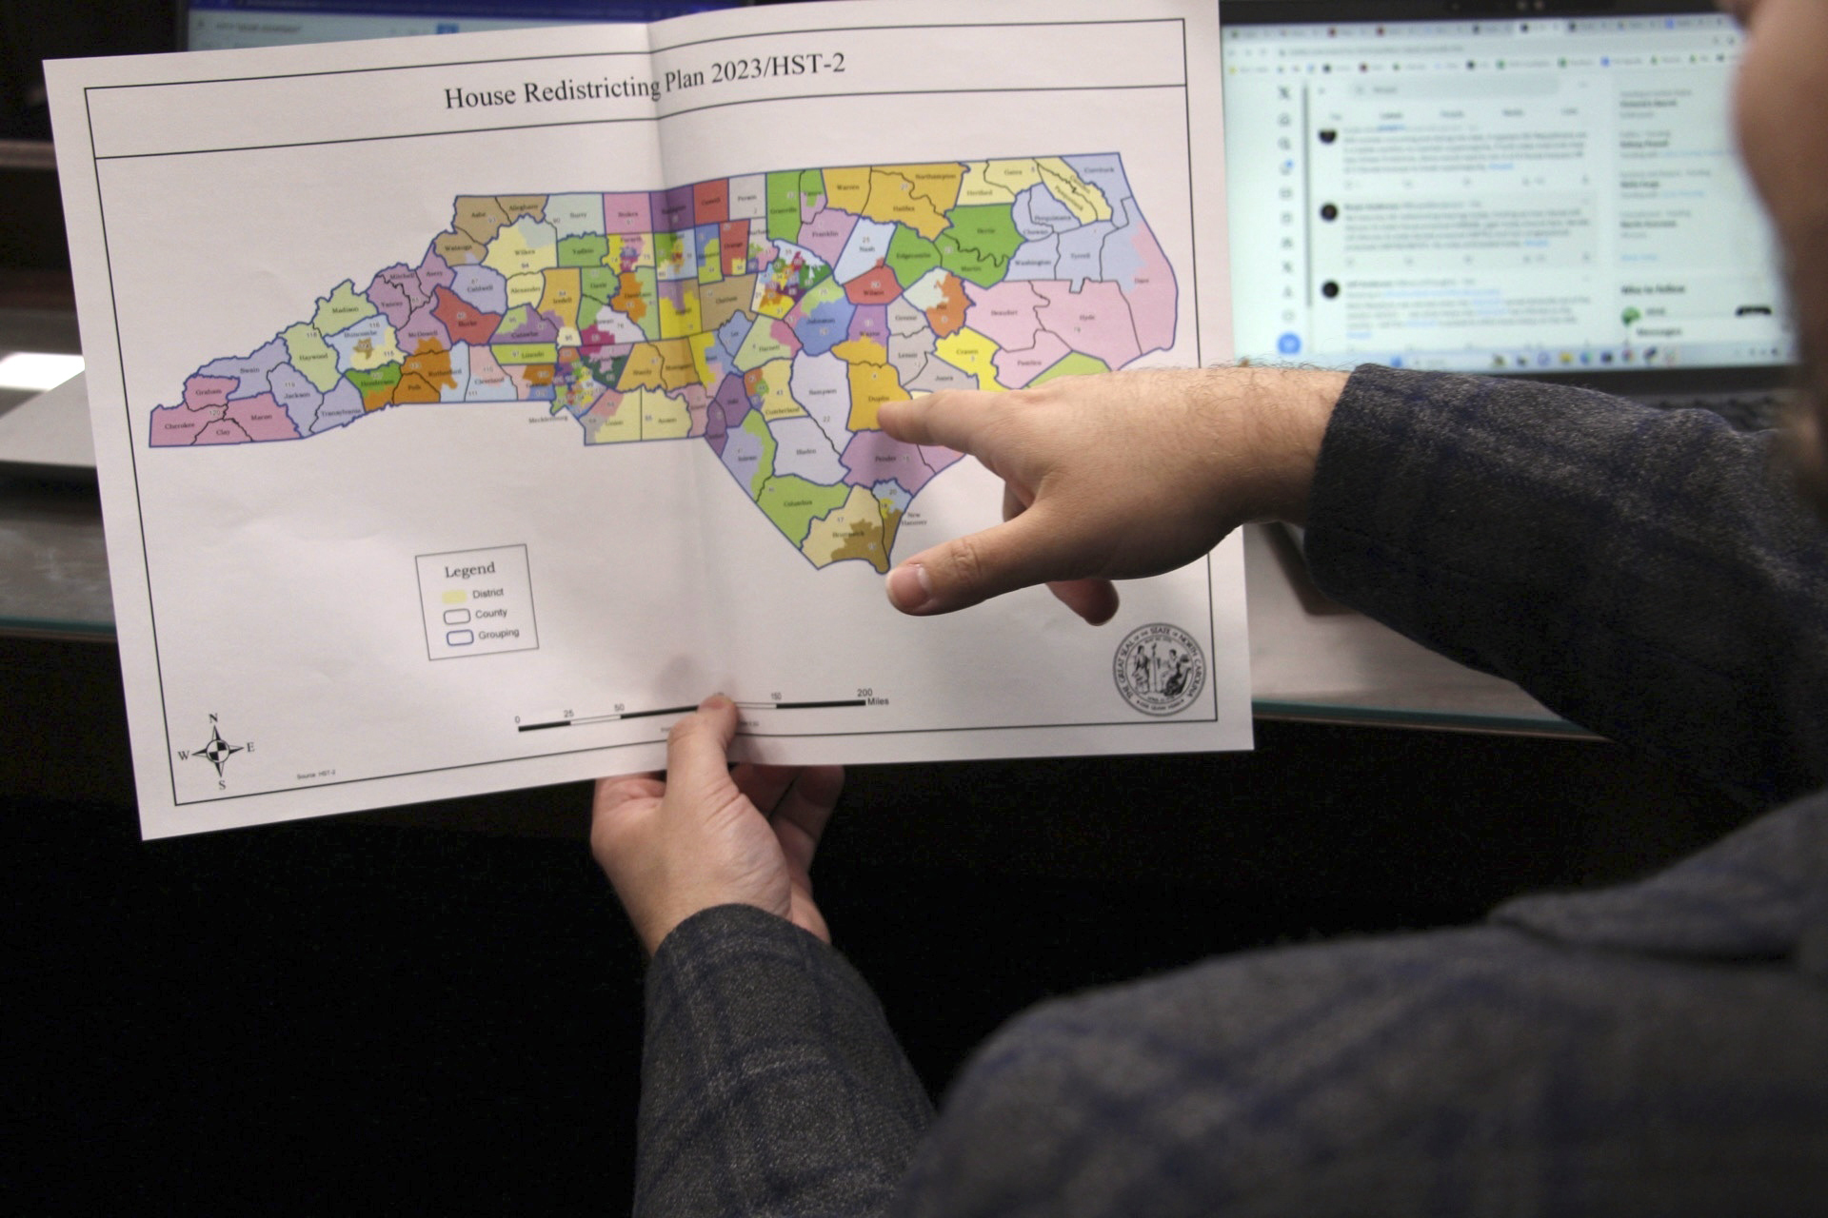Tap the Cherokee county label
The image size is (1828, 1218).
pyautogui.click(x=178, y=425)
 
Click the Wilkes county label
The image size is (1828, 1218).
pyautogui.click(x=526, y=252)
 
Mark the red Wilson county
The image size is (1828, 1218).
pyautogui.click(x=872, y=288)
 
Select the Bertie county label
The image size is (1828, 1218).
pyautogui.click(x=979, y=231)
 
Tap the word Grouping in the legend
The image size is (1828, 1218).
pyautogui.click(x=499, y=634)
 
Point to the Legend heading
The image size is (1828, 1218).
pyautogui.click(x=469, y=570)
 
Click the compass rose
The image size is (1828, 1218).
pyautogui.click(x=216, y=751)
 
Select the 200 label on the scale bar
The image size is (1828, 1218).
pyautogui.click(x=864, y=693)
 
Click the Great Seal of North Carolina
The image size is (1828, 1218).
pyautogui.click(x=1159, y=669)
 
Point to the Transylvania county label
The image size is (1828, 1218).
pyautogui.click(x=342, y=412)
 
